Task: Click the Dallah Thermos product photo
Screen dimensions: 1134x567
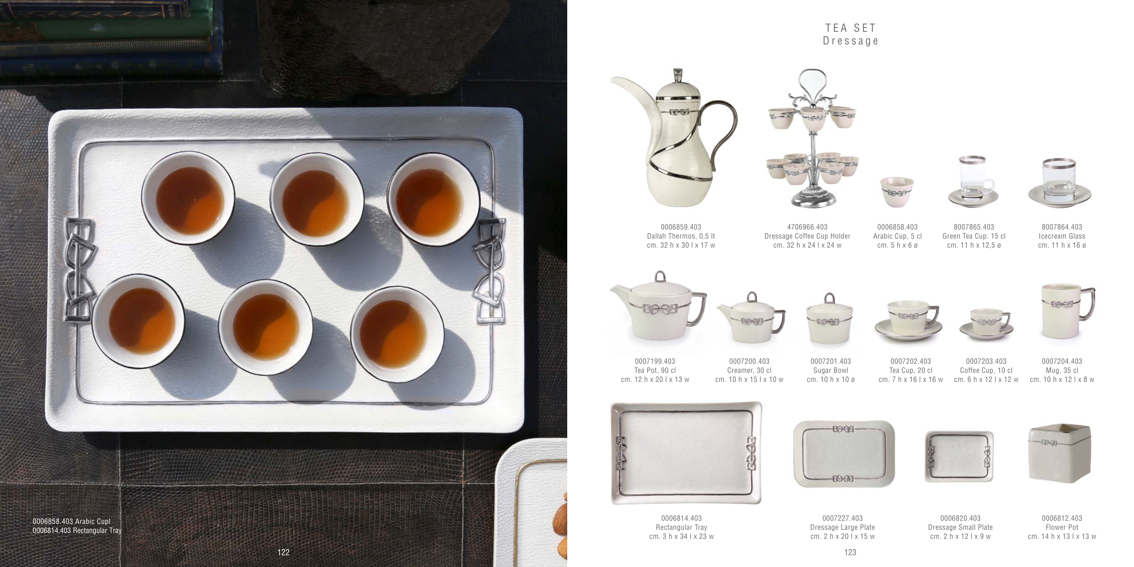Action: [x=674, y=138]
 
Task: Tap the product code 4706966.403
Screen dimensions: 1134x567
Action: [x=807, y=227]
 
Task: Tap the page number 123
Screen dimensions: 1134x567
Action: [x=850, y=552]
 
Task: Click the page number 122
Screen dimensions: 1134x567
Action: [x=283, y=552]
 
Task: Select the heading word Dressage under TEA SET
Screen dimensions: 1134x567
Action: [x=851, y=41]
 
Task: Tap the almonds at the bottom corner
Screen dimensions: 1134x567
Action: [x=560, y=526]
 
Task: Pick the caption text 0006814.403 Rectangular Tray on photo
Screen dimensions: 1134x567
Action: [x=77, y=530]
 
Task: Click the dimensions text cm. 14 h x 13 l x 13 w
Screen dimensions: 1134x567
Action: [x=1062, y=537]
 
